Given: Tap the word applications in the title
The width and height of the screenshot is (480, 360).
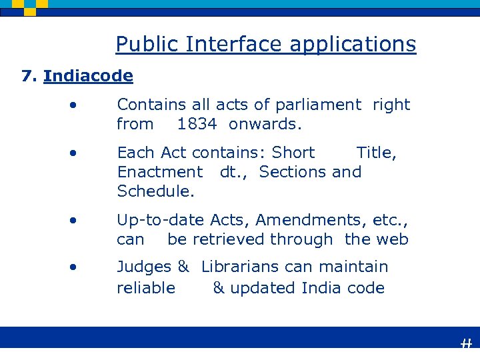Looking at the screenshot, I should coord(353,45).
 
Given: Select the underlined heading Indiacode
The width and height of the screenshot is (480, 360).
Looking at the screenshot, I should coord(88,76).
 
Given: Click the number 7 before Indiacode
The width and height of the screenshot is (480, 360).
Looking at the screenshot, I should coord(27,76).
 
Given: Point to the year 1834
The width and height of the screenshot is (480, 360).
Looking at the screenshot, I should coord(197,124).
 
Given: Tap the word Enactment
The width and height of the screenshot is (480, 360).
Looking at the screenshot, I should coord(160,172).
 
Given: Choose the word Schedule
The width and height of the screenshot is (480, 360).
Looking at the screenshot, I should coord(155,191).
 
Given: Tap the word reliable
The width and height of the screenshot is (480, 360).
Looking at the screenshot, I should coord(146,288).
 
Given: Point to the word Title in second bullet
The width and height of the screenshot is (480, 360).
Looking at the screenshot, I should coord(376,153).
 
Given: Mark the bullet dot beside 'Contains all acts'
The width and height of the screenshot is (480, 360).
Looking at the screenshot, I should coord(77,104).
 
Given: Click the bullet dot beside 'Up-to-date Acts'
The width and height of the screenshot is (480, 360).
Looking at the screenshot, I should coord(77,219).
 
